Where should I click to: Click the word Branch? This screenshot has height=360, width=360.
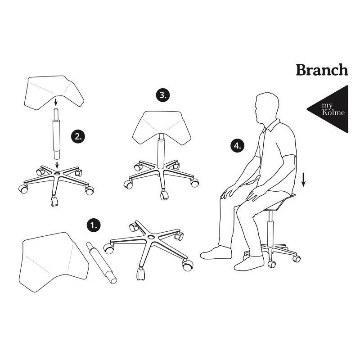click(322, 70)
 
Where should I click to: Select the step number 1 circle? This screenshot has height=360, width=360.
click(94, 225)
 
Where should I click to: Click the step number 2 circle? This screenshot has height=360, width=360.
click(78, 136)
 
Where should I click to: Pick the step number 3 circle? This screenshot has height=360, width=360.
click(163, 95)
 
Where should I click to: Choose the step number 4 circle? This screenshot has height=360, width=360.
click(238, 146)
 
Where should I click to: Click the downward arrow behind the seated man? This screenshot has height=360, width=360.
click(303, 180)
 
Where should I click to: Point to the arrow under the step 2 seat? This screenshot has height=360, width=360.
click(55, 102)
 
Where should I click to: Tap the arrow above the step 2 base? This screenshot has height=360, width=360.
click(57, 165)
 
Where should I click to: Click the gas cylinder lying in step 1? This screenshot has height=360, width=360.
click(102, 263)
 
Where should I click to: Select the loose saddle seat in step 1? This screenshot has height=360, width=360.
click(54, 262)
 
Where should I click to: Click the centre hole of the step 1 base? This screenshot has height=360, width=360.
click(151, 237)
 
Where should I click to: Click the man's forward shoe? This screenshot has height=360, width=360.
click(216, 252)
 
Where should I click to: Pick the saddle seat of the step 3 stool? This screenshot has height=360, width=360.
click(162, 128)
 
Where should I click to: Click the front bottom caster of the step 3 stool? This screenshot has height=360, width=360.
click(164, 195)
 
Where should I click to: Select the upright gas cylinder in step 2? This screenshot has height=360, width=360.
click(56, 134)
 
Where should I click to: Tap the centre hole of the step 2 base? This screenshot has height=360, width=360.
click(58, 174)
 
